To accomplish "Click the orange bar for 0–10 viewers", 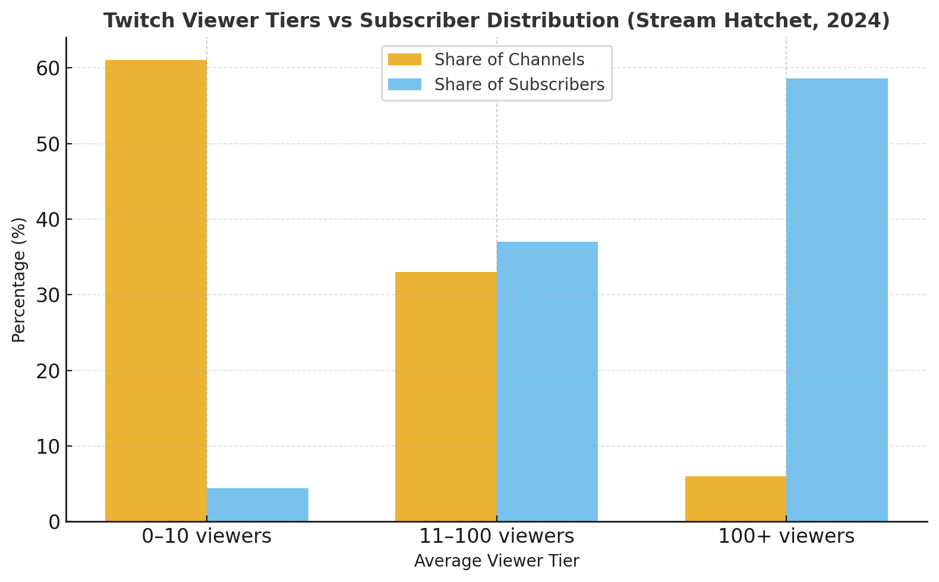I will click(x=156, y=291).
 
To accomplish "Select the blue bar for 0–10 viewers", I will click(x=257, y=505).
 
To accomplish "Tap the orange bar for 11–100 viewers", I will click(x=446, y=397).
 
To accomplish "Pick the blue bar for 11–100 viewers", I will click(x=547, y=381).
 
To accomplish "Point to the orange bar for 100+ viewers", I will click(x=736, y=499).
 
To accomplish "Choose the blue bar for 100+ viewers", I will click(x=837, y=300).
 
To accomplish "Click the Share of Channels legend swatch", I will click(x=405, y=60).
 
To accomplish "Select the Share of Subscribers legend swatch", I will click(x=405, y=85).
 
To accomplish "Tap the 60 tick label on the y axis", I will click(x=48, y=68).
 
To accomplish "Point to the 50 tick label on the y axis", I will click(x=48, y=144).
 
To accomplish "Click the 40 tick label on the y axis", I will click(x=48, y=220).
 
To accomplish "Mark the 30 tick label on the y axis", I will click(x=48, y=295).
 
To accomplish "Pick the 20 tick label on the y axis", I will click(x=48, y=371).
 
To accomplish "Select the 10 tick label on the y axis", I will click(x=48, y=447).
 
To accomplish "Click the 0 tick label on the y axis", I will click(x=54, y=522).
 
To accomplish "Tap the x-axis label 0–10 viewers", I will click(x=206, y=537).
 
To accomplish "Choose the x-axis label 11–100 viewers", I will click(x=497, y=537).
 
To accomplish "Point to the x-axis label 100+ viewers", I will click(x=786, y=537).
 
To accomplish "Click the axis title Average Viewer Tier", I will click(x=497, y=561).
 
